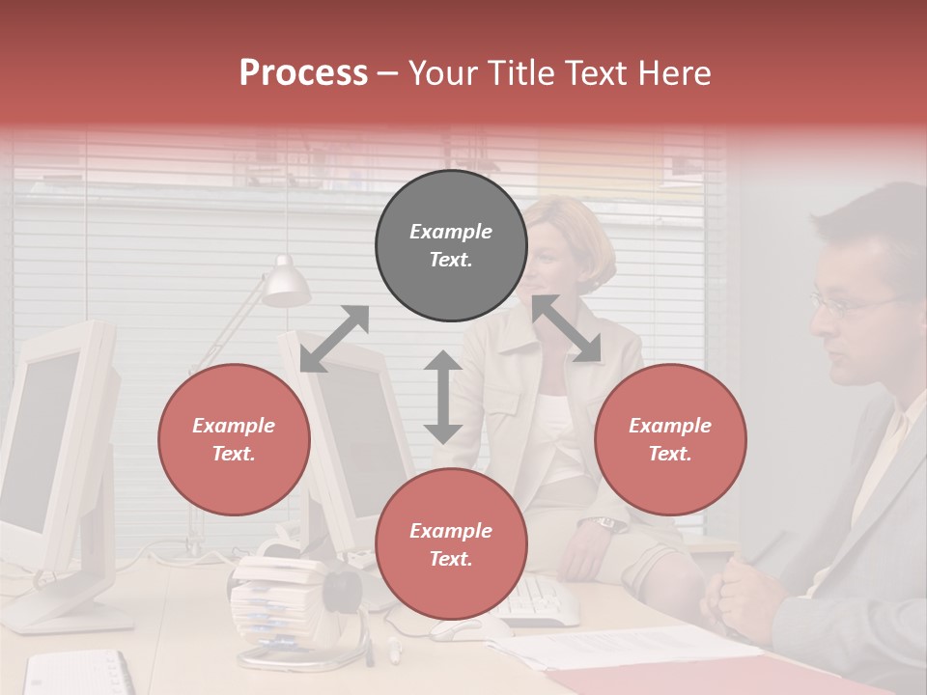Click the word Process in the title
303,73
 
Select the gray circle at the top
451,245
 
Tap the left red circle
234,439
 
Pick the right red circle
670,439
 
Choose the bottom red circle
451,544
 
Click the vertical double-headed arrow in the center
443,397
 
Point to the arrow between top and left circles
334,338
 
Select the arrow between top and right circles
567,328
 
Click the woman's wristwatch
606,523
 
